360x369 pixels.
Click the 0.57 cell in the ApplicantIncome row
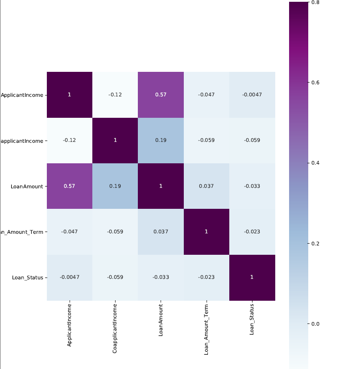[161, 95]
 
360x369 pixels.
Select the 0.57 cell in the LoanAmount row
[69, 186]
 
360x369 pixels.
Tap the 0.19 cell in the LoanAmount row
[115, 186]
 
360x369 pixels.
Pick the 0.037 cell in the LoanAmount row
[207, 186]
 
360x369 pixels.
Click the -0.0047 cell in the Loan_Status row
[69, 277]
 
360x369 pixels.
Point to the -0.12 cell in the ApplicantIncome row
[115, 95]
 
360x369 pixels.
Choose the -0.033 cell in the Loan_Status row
[161, 277]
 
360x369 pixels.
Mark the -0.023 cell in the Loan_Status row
[207, 277]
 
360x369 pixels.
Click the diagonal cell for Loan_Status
[252, 277]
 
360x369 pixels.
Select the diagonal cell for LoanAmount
[161, 186]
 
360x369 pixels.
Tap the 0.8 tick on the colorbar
[315, 2]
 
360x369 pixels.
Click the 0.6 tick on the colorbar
[315, 83]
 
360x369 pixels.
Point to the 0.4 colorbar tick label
[315, 163]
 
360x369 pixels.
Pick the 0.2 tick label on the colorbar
[315, 243]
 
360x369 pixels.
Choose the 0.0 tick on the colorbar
[315, 323]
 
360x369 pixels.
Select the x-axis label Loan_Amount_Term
[207, 329]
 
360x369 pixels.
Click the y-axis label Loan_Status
[28, 277]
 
